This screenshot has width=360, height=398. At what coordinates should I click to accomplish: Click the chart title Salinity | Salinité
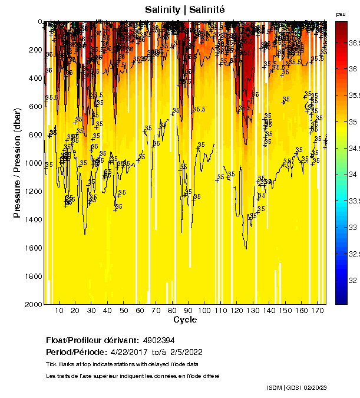185,9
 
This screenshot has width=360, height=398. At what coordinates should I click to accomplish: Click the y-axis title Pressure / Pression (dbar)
17,163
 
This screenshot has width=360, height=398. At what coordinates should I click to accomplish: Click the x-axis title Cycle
185,320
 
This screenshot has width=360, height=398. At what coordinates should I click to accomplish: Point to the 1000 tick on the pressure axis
32,163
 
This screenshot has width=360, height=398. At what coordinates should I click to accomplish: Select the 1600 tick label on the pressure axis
32,248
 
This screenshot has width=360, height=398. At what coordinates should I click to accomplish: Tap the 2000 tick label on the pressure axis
32,305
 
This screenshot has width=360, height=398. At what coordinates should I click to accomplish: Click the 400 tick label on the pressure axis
35,78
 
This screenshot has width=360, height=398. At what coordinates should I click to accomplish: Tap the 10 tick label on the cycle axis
59,310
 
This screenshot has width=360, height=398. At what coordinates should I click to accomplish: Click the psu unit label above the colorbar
341,14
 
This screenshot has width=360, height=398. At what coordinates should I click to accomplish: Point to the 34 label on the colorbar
352,175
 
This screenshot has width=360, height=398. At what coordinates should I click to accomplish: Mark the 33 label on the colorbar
352,227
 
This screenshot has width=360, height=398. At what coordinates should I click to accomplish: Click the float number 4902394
158,341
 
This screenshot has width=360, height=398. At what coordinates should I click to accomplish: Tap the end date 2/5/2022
186,352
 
